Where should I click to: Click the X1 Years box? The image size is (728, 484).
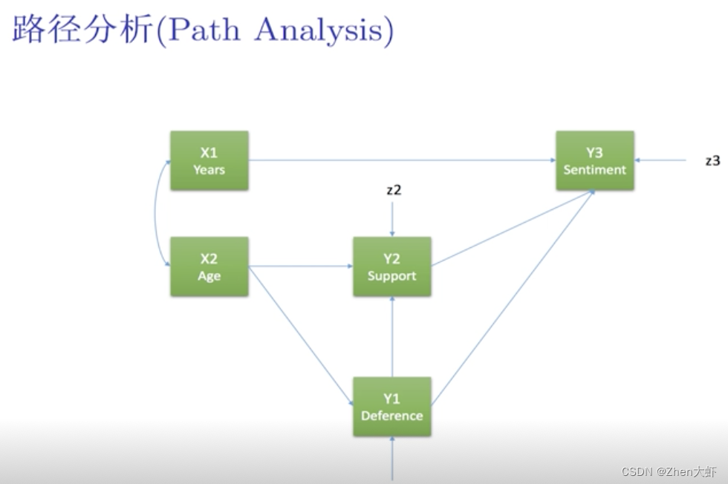209,160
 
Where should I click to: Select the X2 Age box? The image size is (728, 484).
209,266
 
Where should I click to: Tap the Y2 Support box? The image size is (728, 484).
391,266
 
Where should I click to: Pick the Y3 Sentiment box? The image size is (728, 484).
594,160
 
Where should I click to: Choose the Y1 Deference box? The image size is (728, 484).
391,406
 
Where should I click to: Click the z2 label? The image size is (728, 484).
394,190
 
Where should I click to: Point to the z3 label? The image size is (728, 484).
712,160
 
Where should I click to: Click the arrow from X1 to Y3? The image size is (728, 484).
401,160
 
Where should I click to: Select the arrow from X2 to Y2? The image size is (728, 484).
301,266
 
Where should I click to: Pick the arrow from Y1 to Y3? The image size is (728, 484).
513,297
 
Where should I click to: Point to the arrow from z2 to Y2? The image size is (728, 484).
392,219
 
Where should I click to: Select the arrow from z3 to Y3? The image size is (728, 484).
661,160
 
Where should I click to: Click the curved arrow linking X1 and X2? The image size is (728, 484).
157,213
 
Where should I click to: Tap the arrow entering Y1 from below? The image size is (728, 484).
392,457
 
